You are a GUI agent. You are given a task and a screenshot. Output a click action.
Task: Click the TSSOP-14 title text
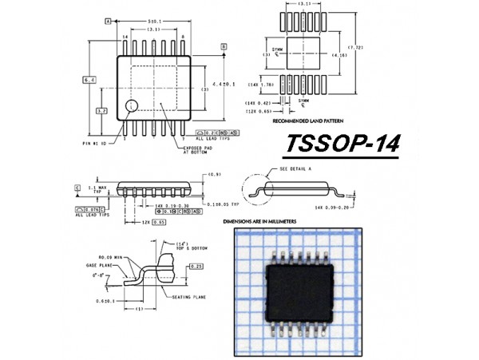pos(342,145)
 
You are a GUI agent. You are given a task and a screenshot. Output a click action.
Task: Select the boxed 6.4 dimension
pos(89,79)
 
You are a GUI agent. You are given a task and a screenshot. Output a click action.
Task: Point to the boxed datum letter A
pos(107,22)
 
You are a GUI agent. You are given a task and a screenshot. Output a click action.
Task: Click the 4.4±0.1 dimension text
pos(224,84)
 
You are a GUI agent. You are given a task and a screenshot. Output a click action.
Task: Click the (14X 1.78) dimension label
pos(260,83)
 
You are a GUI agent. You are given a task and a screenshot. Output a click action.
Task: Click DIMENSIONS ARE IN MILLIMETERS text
pos(271,220)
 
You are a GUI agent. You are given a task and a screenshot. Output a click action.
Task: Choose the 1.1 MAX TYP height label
pos(95,188)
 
